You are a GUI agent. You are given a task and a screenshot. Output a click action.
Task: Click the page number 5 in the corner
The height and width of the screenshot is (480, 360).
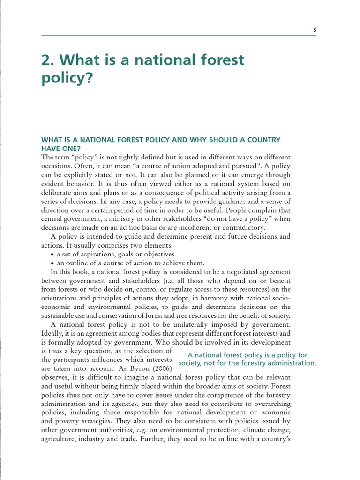pyautogui.click(x=315, y=30)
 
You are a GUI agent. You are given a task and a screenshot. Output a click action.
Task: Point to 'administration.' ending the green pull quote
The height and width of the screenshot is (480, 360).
pyautogui.click(x=293, y=363)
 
